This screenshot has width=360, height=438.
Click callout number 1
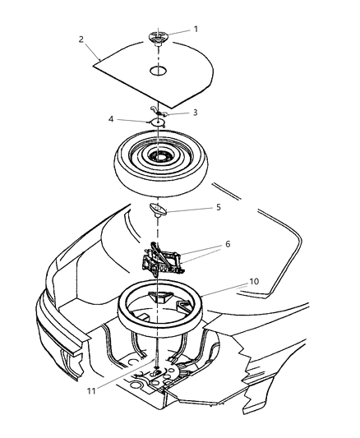[196, 29]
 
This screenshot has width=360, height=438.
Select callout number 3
[196, 113]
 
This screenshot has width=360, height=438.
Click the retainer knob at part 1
[158, 37]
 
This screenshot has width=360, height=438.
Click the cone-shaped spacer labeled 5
[158, 211]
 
